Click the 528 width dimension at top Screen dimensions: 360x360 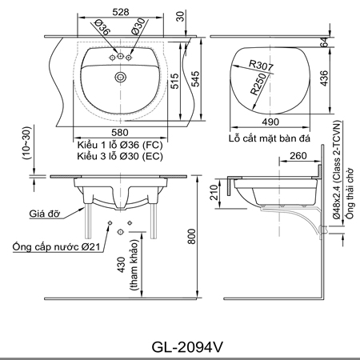click(121, 13)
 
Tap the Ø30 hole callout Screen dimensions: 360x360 click(138, 29)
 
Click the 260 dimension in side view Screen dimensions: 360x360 click(298, 157)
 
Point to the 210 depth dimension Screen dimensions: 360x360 click(212, 193)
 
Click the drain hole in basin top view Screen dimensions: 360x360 click(121, 77)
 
